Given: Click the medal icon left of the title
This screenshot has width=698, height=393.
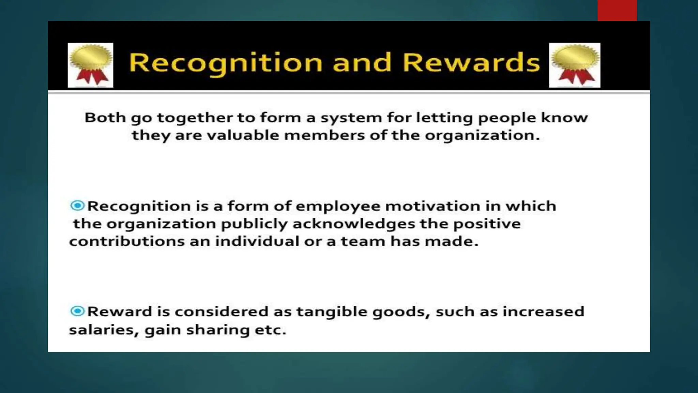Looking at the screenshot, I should click(90, 65).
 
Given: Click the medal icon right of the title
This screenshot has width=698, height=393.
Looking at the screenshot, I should click(575, 65).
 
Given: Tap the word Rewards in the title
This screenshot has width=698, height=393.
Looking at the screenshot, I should click(471, 63).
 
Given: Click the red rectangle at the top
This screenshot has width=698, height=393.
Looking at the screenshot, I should click(617, 10).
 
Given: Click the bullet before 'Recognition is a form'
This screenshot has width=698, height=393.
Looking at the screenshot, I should click(77, 205).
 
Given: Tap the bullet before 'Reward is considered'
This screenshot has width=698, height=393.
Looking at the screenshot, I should click(77, 311).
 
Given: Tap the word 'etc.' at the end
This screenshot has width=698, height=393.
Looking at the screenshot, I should click(271, 330).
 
